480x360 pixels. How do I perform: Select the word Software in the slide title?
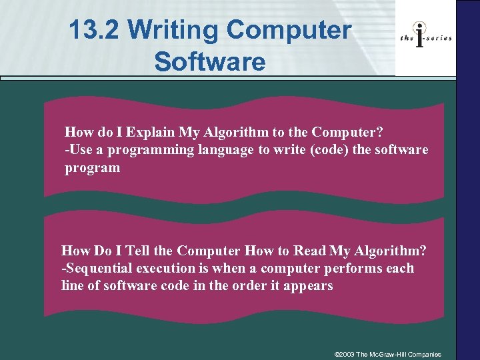(209, 61)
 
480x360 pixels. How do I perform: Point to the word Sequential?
(99, 269)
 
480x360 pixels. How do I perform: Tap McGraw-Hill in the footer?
(391, 354)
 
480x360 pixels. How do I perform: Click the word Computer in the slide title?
(289, 31)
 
